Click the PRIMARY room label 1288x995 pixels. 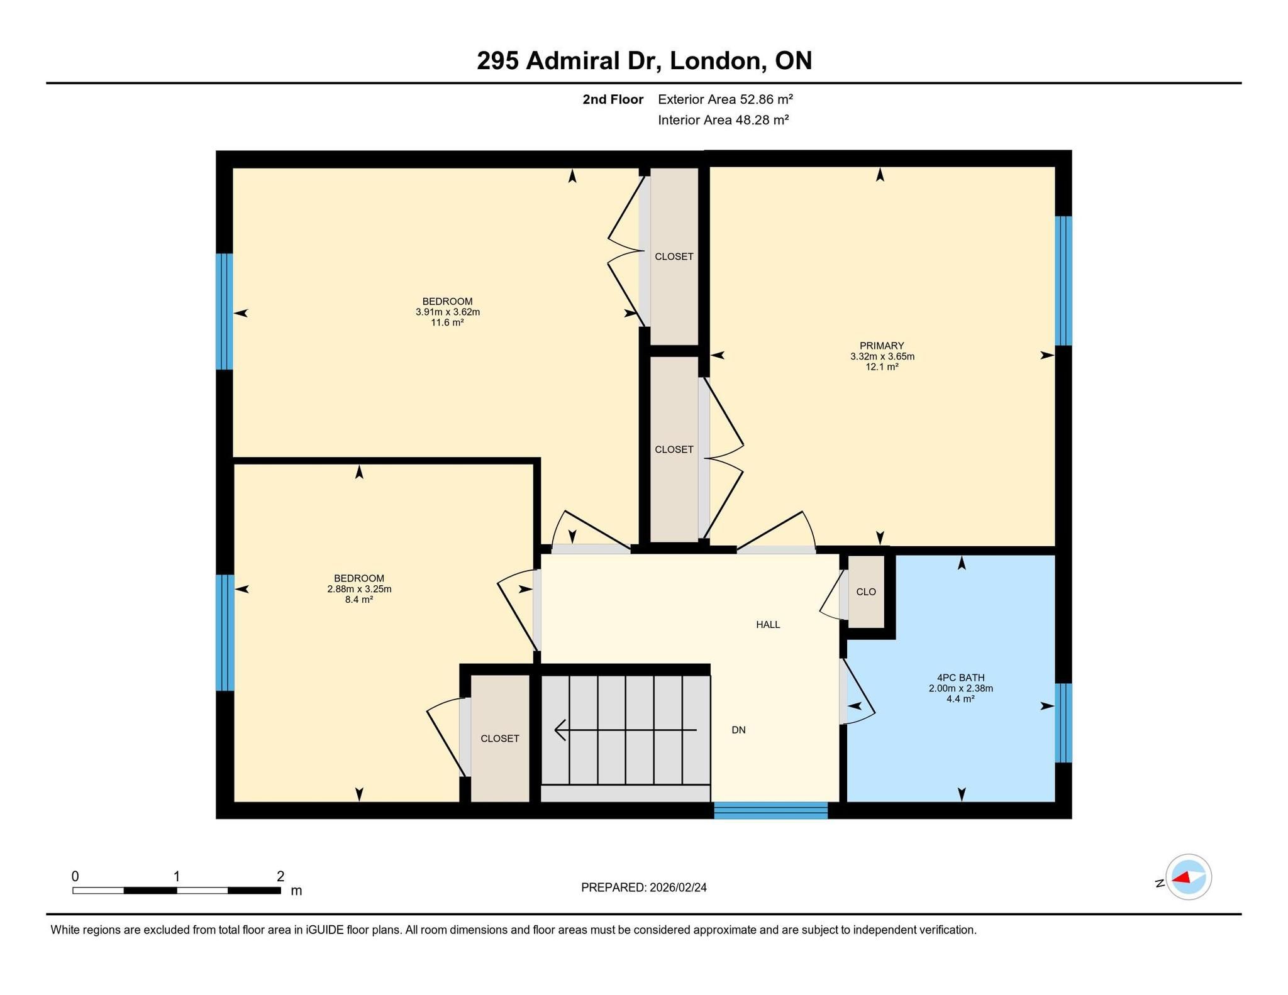coord(882,346)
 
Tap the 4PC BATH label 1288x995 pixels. coord(960,678)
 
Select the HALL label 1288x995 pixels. coord(768,625)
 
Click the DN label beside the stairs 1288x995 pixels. coord(738,730)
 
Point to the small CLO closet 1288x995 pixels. coord(866,591)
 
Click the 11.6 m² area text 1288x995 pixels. coord(447,322)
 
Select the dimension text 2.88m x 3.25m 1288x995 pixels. coord(359,589)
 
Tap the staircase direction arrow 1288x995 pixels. coord(625,730)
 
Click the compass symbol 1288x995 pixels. coord(1189,877)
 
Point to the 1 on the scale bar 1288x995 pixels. coord(177,876)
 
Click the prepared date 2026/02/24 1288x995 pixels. coord(678,888)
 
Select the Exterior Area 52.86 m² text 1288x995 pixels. coord(725,99)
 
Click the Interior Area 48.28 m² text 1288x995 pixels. coord(723,120)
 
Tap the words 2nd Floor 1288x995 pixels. coord(613,99)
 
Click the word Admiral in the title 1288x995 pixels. coord(593,61)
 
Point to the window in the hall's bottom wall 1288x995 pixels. coord(770,810)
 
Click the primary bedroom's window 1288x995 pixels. coord(1063,281)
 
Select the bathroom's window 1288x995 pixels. coord(1063,723)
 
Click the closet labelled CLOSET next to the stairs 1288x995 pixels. coord(500,739)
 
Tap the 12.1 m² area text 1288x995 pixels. coord(882,367)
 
